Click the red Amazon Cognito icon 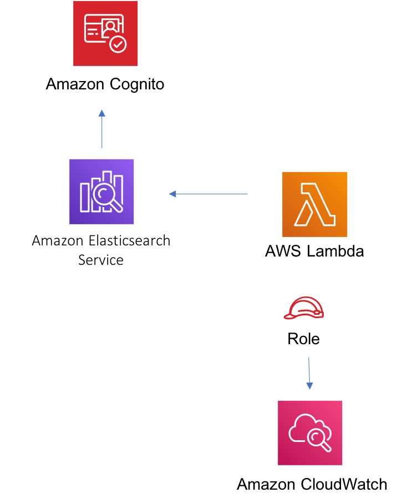pos(105,33)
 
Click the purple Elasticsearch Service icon pos(101,191)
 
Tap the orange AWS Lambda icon pos(314,204)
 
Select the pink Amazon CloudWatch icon pos(310,432)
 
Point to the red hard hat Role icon pos(303,308)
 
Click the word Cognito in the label pos(136,85)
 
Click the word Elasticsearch pos(130,241)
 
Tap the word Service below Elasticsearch pos(101,260)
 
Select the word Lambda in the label pos(335,251)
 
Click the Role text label pos(303,338)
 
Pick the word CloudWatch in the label pos(344,484)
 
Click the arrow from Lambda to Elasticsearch pos(208,194)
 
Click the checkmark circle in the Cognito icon pos(118,45)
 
